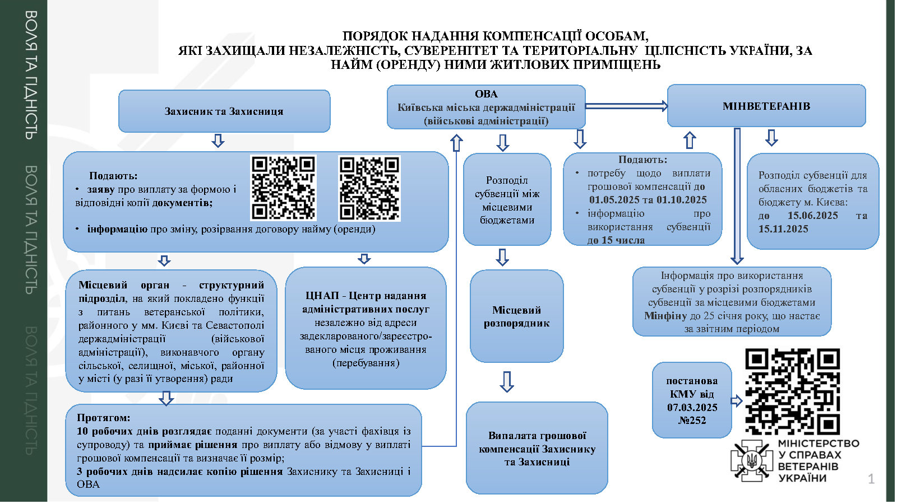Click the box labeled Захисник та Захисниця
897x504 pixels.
click(224, 111)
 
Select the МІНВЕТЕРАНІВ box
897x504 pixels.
click(766, 106)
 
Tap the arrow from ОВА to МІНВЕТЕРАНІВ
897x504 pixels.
click(627, 106)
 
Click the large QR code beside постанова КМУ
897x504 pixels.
click(793, 391)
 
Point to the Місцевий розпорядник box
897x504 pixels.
click(516, 316)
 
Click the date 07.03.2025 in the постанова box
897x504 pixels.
click(692, 407)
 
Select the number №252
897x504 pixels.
click(692, 421)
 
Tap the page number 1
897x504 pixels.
click(871, 479)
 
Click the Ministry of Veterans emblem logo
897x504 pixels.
click(751, 460)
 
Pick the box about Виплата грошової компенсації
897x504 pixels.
click(537, 448)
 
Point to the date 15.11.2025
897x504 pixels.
click(783, 229)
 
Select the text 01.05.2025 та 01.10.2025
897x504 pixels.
click(648, 199)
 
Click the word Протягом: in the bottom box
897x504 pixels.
click(103, 418)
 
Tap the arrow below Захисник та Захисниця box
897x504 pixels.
click(218, 141)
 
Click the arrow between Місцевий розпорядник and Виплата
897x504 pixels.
click(507, 381)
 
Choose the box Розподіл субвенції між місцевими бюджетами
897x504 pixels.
click(507, 199)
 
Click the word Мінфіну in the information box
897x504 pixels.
click(665, 316)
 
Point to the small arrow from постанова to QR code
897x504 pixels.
click(737, 401)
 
